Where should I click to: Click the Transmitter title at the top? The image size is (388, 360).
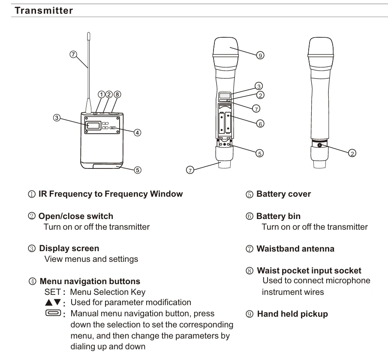(44, 11)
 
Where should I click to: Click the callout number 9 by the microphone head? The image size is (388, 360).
(260, 55)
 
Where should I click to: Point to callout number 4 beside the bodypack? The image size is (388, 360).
(137, 132)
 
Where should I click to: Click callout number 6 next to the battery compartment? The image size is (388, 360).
(260, 123)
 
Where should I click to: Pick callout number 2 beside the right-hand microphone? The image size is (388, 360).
(352, 153)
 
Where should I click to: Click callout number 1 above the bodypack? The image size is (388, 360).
(102, 95)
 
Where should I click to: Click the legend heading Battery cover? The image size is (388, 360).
(283, 194)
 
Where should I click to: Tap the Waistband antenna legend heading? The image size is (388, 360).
(295, 249)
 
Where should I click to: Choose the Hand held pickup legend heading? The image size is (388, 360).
(292, 314)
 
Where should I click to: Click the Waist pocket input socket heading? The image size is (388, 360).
(309, 270)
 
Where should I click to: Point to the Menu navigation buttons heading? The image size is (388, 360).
(90, 282)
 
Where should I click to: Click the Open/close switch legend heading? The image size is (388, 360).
(76, 216)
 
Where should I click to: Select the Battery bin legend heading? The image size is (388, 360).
(278, 216)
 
